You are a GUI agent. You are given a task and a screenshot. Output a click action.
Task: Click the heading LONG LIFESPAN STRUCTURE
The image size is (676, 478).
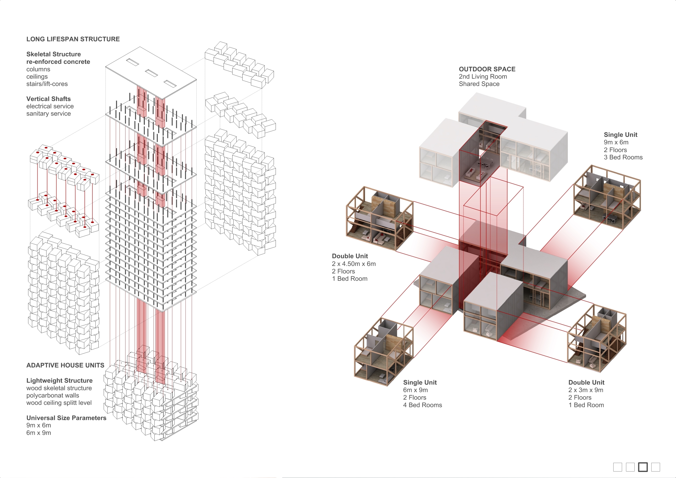(73, 39)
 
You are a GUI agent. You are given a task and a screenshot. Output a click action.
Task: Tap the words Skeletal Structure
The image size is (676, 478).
(53, 54)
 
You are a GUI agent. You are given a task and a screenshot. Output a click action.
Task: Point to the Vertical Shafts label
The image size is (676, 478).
(48, 99)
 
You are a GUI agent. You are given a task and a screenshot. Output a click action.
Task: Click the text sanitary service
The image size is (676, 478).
(48, 113)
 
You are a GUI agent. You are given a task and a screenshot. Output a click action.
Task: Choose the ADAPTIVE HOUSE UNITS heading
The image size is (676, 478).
(65, 365)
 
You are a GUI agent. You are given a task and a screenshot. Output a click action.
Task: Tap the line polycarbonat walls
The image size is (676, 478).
(52, 396)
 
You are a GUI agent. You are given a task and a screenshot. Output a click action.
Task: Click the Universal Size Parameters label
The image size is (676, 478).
(66, 418)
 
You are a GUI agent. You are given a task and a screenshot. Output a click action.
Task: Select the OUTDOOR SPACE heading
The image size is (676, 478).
(487, 69)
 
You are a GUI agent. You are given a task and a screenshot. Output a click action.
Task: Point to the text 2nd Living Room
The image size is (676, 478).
(483, 76)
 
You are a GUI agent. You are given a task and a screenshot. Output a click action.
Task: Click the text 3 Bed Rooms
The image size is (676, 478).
(623, 157)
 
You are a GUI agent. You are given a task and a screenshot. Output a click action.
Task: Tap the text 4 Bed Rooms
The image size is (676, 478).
(422, 405)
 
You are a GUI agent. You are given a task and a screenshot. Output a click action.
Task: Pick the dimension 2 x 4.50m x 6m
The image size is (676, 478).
(353, 264)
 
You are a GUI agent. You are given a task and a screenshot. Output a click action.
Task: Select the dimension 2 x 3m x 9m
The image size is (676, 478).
(586, 390)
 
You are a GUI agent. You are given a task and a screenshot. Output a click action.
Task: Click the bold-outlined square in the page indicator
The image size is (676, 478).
(643, 467)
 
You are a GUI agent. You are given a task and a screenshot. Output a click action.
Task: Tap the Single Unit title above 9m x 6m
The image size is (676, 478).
(620, 135)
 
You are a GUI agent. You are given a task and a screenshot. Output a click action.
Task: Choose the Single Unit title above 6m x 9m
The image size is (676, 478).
(420, 382)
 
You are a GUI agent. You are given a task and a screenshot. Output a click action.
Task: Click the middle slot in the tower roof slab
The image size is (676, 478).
(151, 73)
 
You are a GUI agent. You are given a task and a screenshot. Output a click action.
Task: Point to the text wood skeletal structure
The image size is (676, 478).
(59, 388)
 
